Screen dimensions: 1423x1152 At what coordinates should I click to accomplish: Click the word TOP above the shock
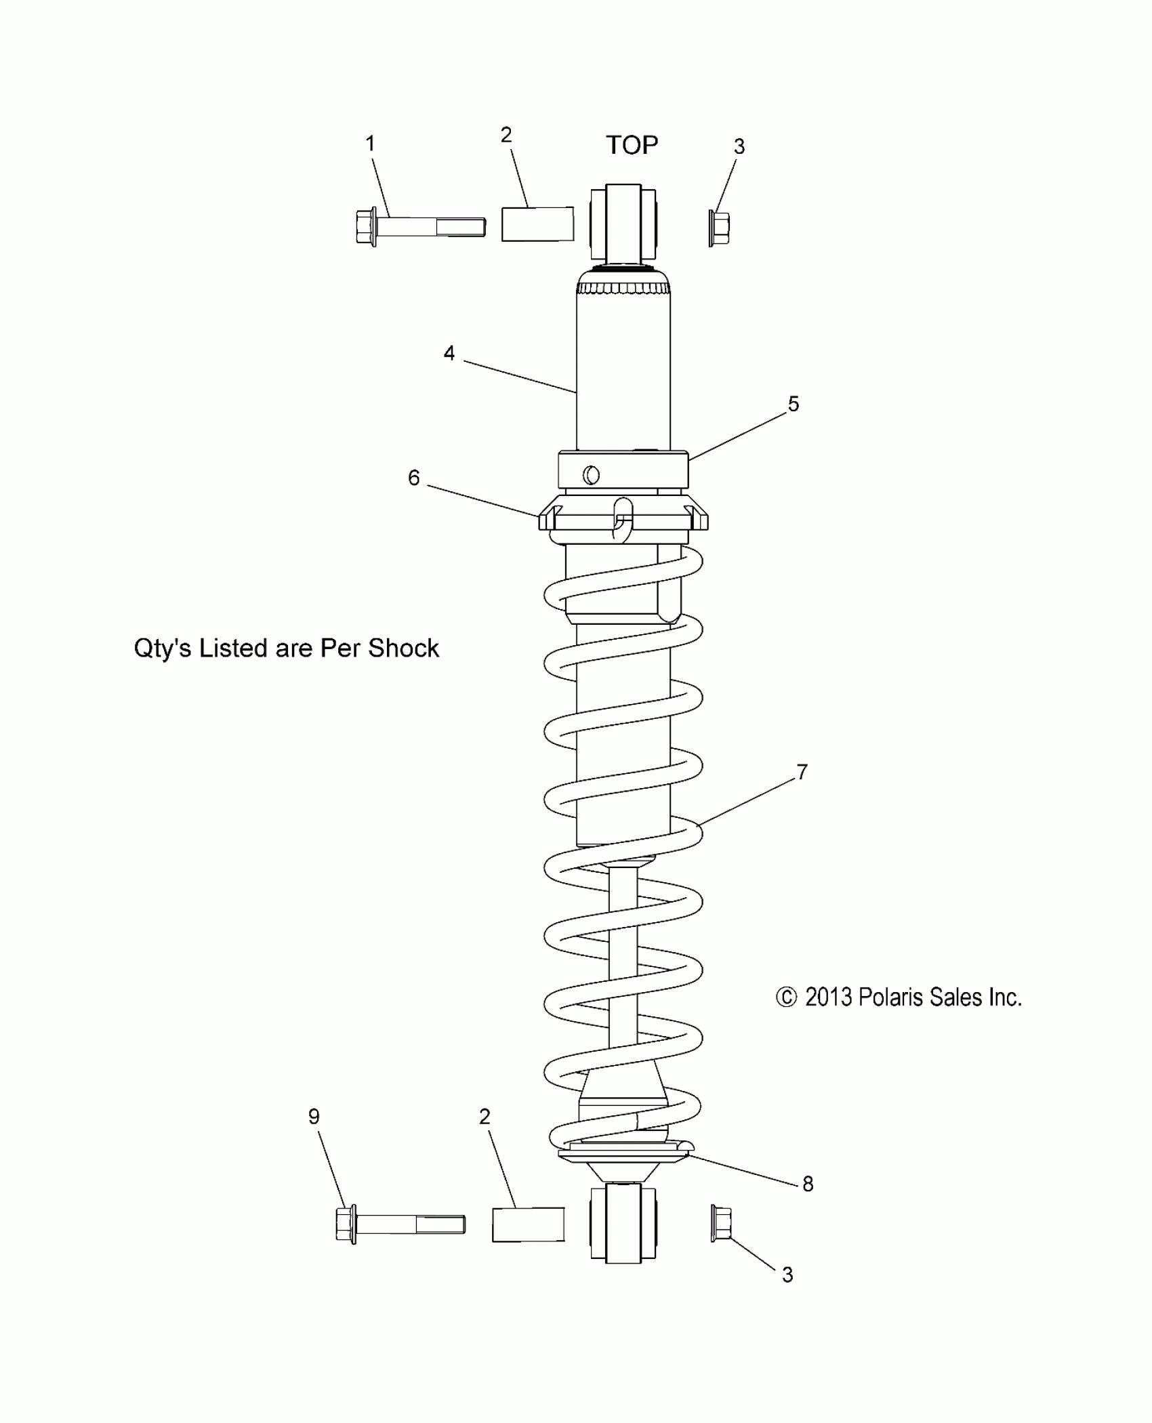click(x=632, y=145)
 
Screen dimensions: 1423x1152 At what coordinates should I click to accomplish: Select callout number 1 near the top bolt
click(x=370, y=144)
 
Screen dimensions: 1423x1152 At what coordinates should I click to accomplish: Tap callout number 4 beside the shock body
click(x=449, y=353)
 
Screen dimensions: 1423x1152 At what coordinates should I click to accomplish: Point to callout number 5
click(x=794, y=404)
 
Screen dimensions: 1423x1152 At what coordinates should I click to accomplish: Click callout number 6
click(x=413, y=478)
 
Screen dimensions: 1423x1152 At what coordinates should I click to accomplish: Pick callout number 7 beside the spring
click(x=802, y=772)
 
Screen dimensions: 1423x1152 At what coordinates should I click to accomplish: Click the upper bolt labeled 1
click(x=420, y=226)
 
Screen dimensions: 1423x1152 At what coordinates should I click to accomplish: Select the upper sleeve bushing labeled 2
click(x=537, y=224)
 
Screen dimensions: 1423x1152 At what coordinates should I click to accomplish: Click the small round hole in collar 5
click(x=591, y=475)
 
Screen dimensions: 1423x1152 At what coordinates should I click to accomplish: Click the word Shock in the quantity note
click(x=403, y=648)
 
